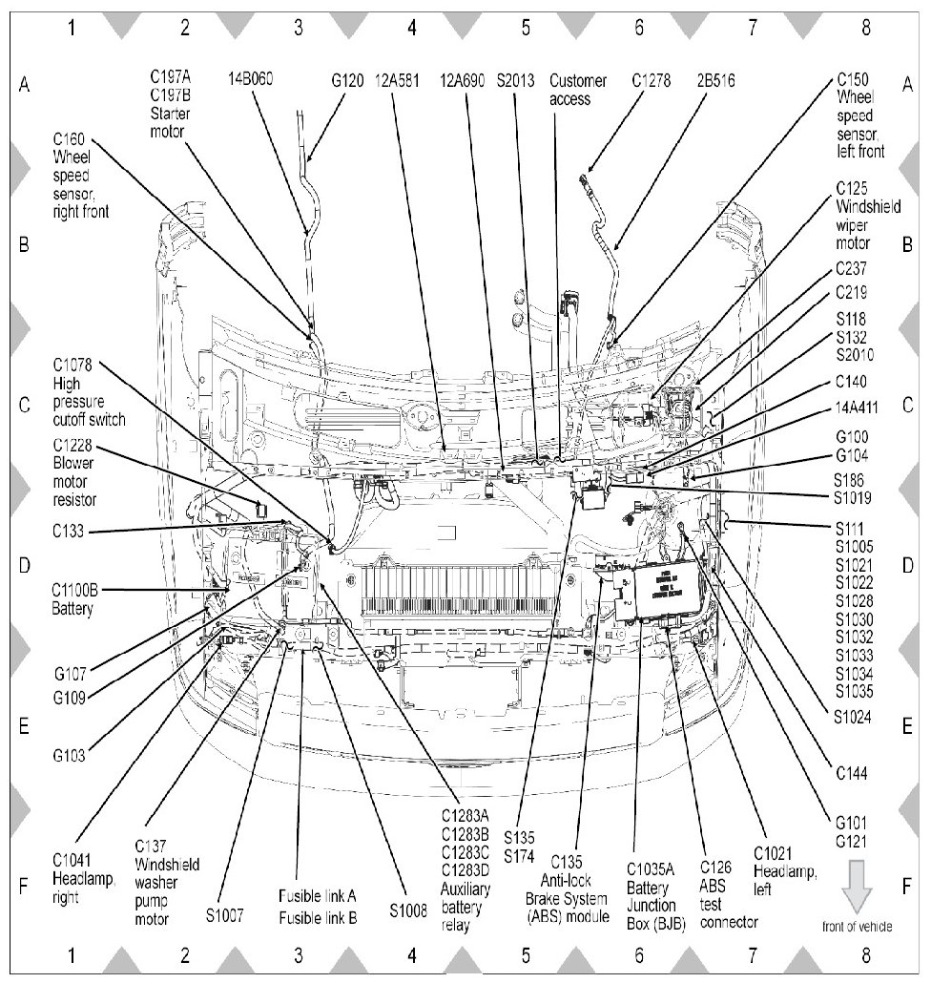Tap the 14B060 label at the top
(x=251, y=80)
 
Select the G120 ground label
(x=347, y=80)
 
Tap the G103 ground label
(x=70, y=755)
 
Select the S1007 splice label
(x=226, y=913)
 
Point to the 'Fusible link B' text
(x=318, y=918)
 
